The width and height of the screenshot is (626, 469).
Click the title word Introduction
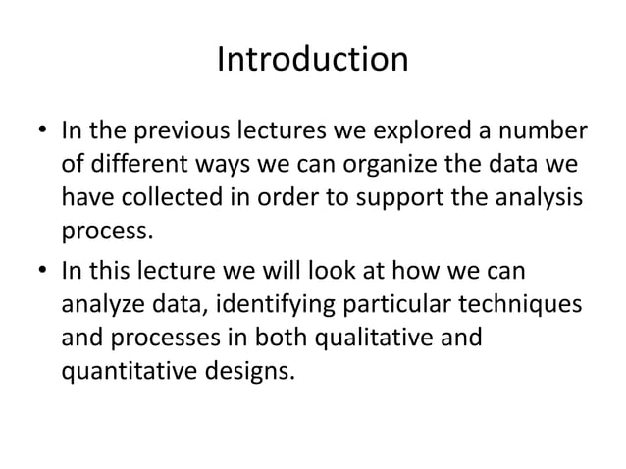pyautogui.click(x=312, y=61)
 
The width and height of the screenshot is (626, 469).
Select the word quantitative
pyautogui.click(x=130, y=371)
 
